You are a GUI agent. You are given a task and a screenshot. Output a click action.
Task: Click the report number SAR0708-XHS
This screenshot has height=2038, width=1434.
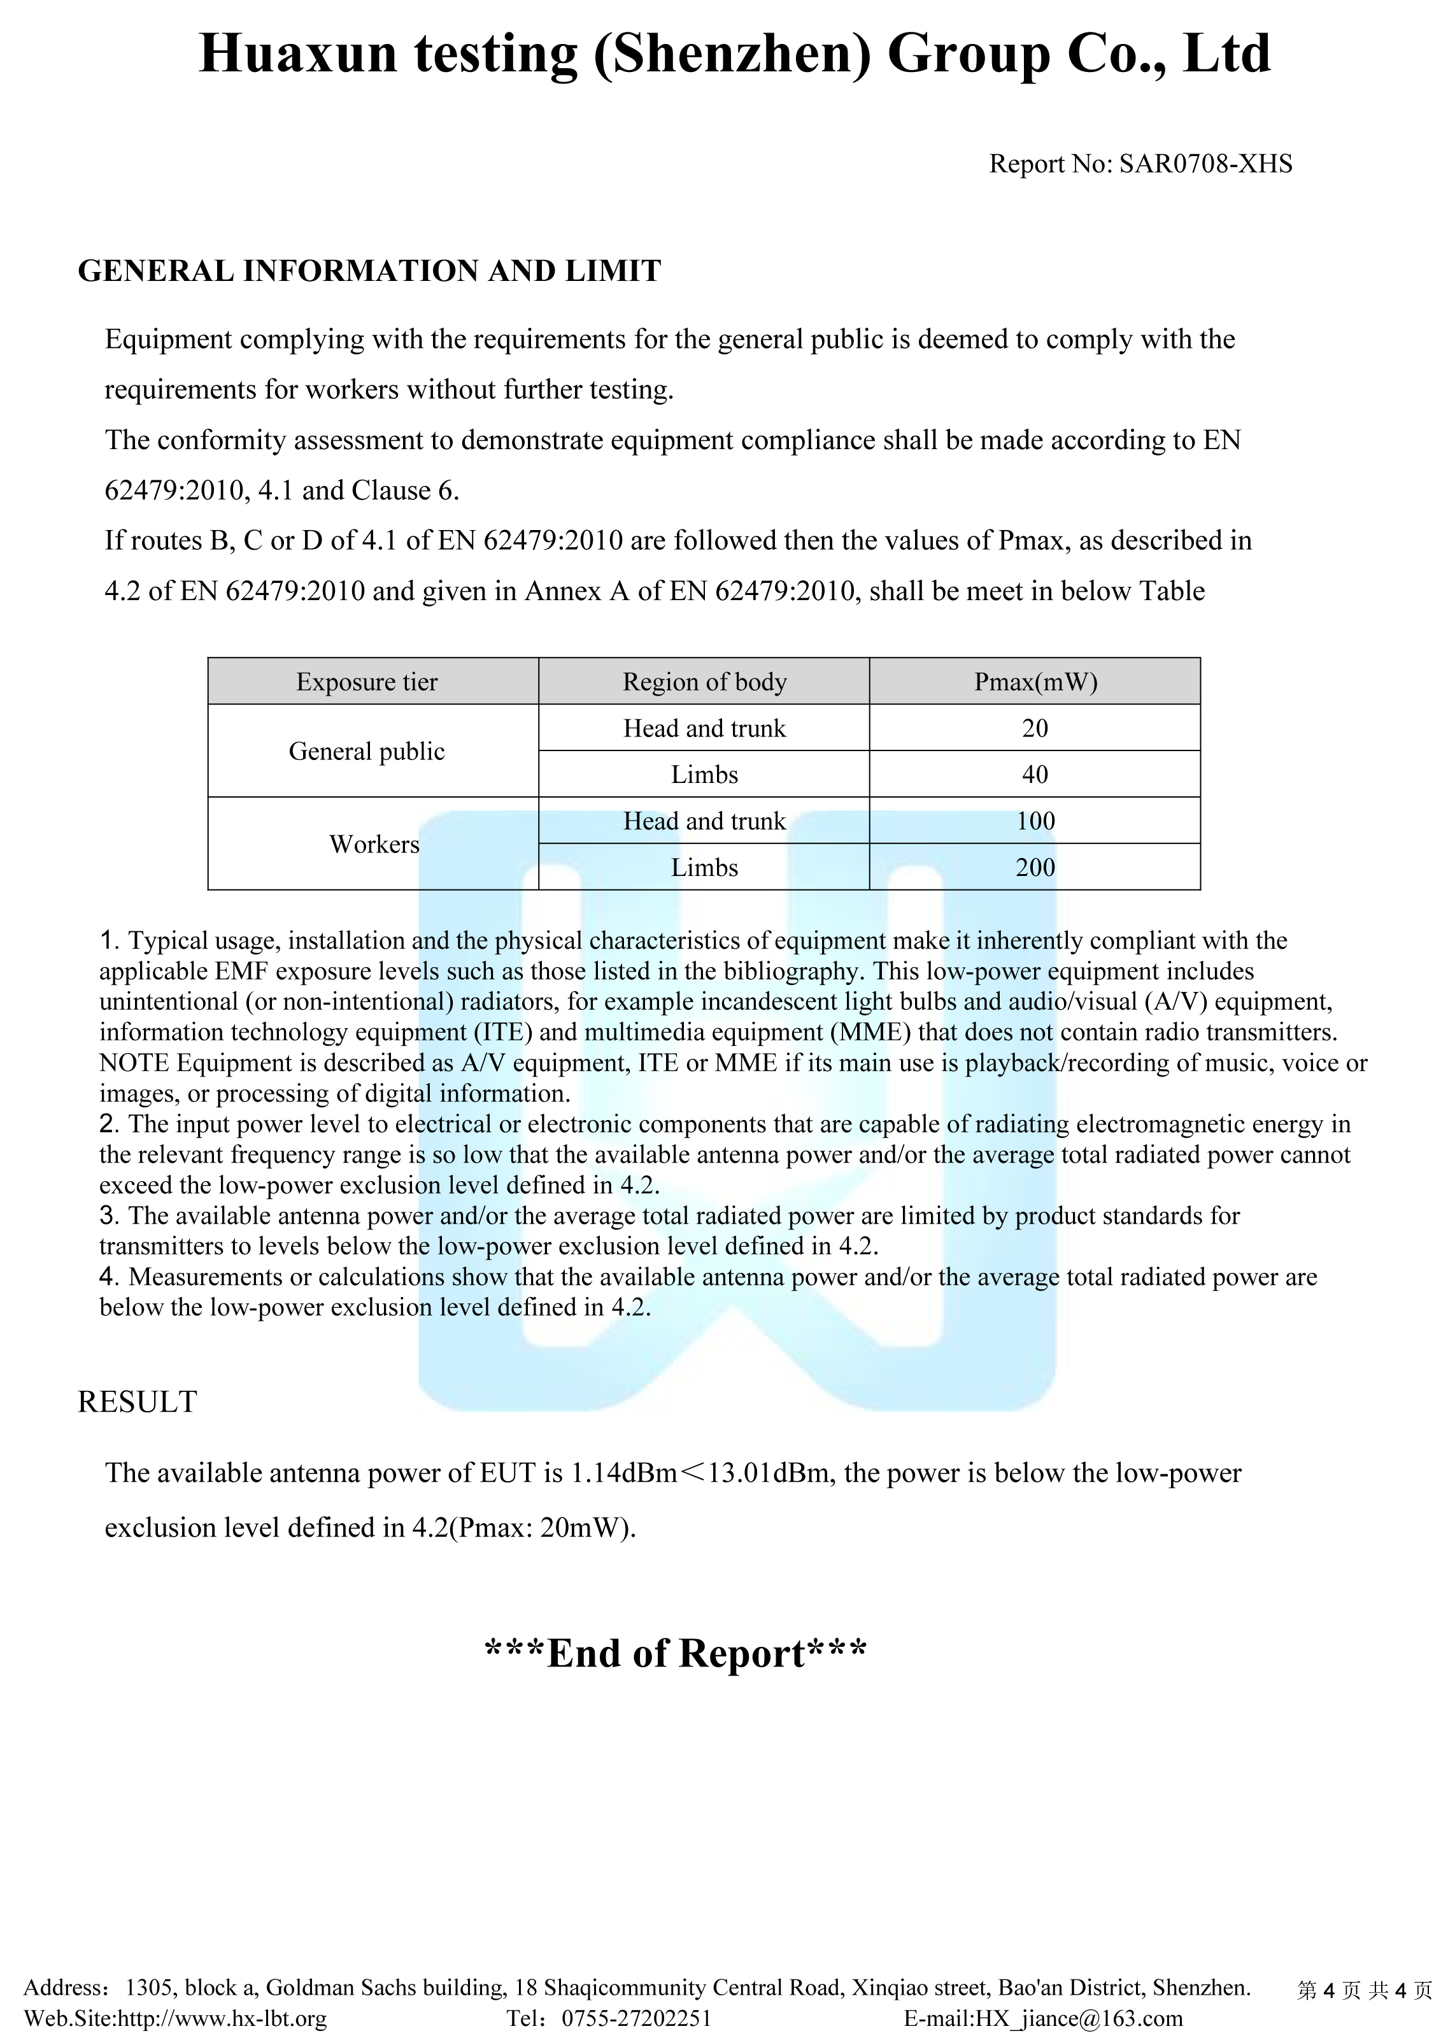[1205, 164]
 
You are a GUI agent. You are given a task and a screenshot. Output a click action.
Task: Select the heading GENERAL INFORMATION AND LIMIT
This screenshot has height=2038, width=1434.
[369, 271]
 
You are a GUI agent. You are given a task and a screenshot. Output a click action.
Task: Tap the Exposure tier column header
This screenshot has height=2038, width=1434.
[367, 682]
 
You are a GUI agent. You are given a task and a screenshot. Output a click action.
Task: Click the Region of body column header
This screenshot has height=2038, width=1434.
[704, 682]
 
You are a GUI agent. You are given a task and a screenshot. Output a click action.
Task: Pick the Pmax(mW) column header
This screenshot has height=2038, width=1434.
[1035, 682]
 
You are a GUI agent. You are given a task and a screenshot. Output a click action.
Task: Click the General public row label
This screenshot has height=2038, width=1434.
[367, 751]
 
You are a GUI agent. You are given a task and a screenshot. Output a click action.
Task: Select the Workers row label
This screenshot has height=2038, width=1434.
[374, 843]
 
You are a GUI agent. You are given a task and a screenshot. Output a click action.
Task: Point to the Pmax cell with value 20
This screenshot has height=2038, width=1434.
[1035, 728]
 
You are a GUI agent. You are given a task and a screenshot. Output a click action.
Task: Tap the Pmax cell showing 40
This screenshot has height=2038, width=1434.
[1035, 774]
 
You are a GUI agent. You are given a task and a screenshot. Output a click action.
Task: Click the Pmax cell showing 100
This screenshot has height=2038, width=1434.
[1035, 820]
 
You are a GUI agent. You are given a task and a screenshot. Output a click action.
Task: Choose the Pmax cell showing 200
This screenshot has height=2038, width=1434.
[1035, 866]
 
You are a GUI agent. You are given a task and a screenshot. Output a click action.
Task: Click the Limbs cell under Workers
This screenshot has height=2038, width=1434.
[704, 866]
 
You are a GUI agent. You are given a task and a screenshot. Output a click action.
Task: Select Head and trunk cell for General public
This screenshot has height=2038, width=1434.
[704, 728]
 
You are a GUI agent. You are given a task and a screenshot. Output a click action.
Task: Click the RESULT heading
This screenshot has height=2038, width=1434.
[138, 1402]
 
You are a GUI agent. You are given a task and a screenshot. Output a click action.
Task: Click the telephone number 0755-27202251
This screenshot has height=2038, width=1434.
[636, 2018]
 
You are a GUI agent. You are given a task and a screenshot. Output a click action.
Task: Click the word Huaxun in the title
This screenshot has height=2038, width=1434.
[298, 54]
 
